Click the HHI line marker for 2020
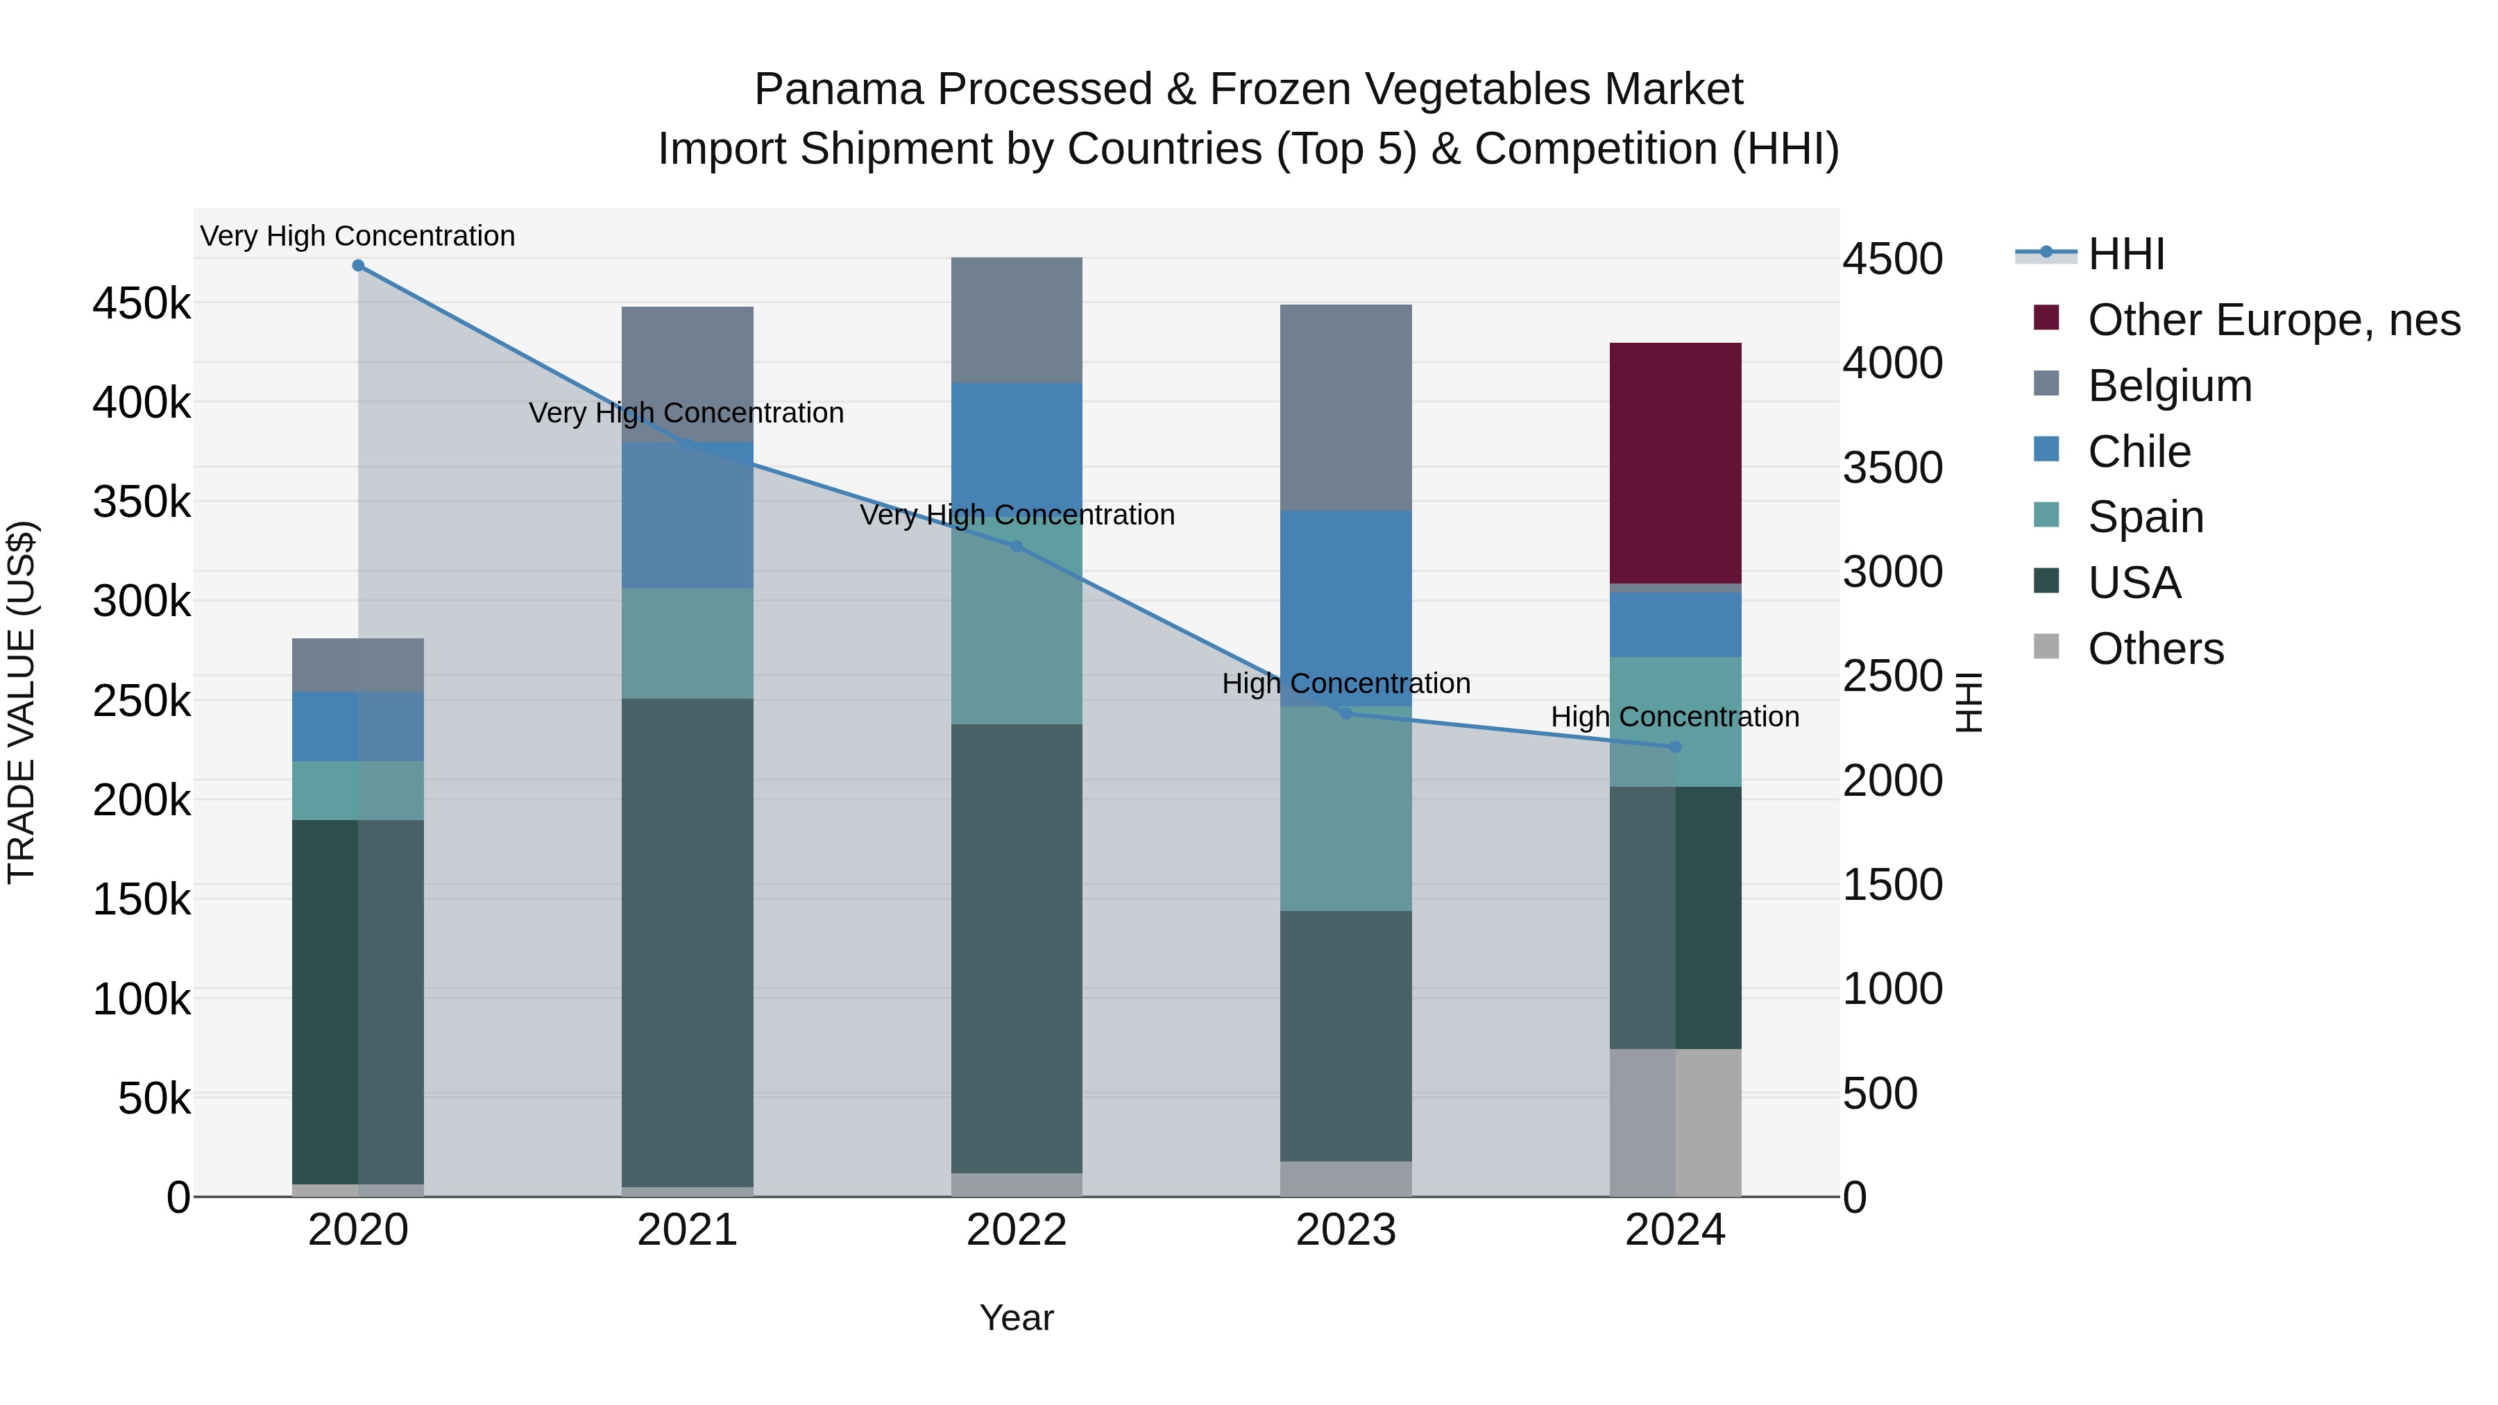pos(358,265)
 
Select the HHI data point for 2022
pos(1017,546)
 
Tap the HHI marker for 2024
pos(1675,747)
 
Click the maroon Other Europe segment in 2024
pos(1675,463)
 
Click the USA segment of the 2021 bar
pos(686,941)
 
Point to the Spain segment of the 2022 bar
pos(1017,640)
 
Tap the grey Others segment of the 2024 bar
pos(1675,1122)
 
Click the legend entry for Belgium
pos(2169,386)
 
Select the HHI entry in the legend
pos(2125,254)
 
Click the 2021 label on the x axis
pos(686,1230)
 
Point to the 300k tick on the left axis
pos(142,601)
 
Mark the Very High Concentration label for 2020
pos(358,236)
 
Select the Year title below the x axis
pos(1017,1318)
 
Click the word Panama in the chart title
pos(839,90)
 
